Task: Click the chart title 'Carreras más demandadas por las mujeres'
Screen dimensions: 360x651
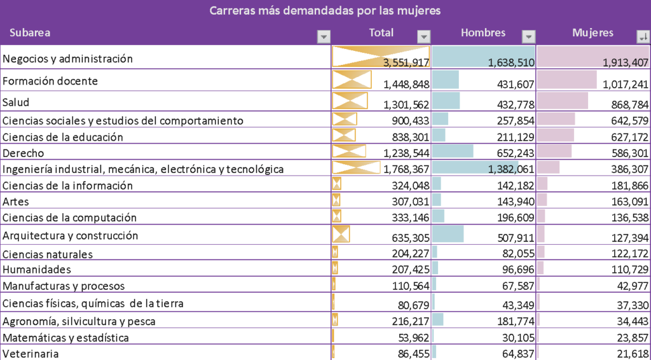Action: pyautogui.click(x=325, y=11)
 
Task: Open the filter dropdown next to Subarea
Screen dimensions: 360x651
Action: pyautogui.click(x=324, y=36)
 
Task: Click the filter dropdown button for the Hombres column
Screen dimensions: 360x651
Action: pyautogui.click(x=528, y=36)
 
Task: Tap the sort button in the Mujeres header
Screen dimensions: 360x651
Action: pyautogui.click(x=643, y=36)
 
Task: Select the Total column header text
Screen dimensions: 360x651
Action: pyautogui.click(x=381, y=32)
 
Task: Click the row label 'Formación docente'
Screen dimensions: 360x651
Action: pyautogui.click(x=50, y=81)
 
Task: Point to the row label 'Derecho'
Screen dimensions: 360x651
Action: pyautogui.click(x=24, y=153)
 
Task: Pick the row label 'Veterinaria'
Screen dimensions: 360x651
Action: pyautogui.click(x=32, y=353)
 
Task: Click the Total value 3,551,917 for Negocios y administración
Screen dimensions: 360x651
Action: pyautogui.click(x=406, y=62)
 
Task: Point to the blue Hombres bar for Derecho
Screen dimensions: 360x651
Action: pyautogui.click(x=453, y=151)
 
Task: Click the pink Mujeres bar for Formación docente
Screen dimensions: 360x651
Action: pyautogui.click(x=566, y=80)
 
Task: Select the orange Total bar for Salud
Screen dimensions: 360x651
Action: pyautogui.click(x=350, y=100)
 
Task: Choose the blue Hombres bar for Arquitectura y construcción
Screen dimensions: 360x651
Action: pyautogui.click(x=448, y=234)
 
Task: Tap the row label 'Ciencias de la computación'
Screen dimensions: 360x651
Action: pyautogui.click(x=70, y=218)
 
